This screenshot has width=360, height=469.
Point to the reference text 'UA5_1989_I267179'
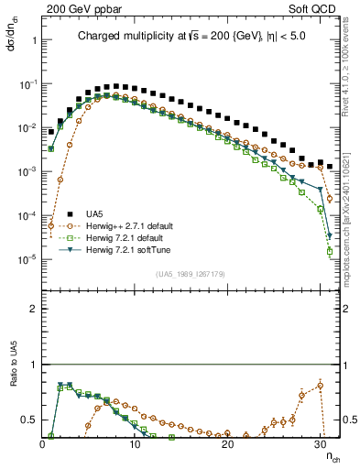click(x=190, y=274)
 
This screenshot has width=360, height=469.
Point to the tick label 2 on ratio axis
click(x=34, y=309)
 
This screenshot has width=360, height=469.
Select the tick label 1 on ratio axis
click(x=34, y=365)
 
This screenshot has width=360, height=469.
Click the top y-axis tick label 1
click(x=34, y=41)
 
